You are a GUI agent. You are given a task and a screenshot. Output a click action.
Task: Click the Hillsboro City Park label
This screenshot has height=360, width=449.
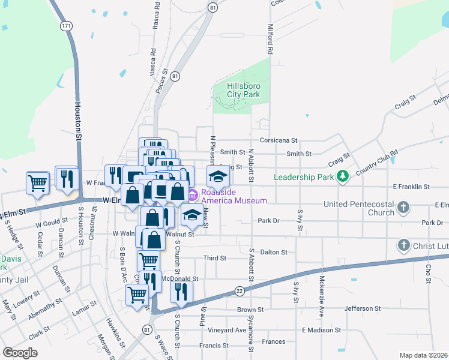244,90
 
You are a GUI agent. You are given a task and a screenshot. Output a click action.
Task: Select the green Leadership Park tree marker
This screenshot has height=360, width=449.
342,176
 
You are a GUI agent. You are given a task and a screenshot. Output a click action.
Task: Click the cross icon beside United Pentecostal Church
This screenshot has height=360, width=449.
403,208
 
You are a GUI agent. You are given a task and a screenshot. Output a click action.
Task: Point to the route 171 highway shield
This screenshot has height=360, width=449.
66,26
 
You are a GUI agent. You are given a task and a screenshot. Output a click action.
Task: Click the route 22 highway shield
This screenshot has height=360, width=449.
239,290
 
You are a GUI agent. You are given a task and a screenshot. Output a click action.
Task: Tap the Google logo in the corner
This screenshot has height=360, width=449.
20,353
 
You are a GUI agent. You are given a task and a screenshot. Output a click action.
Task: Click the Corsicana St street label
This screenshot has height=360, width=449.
279,140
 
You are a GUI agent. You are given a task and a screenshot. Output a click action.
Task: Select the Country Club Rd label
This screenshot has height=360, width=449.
377,161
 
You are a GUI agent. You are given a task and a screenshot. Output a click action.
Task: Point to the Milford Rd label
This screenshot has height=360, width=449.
271,40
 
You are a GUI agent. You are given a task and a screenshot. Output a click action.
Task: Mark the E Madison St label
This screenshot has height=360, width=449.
321,330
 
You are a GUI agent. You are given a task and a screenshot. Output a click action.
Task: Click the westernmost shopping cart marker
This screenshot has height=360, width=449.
37,182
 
